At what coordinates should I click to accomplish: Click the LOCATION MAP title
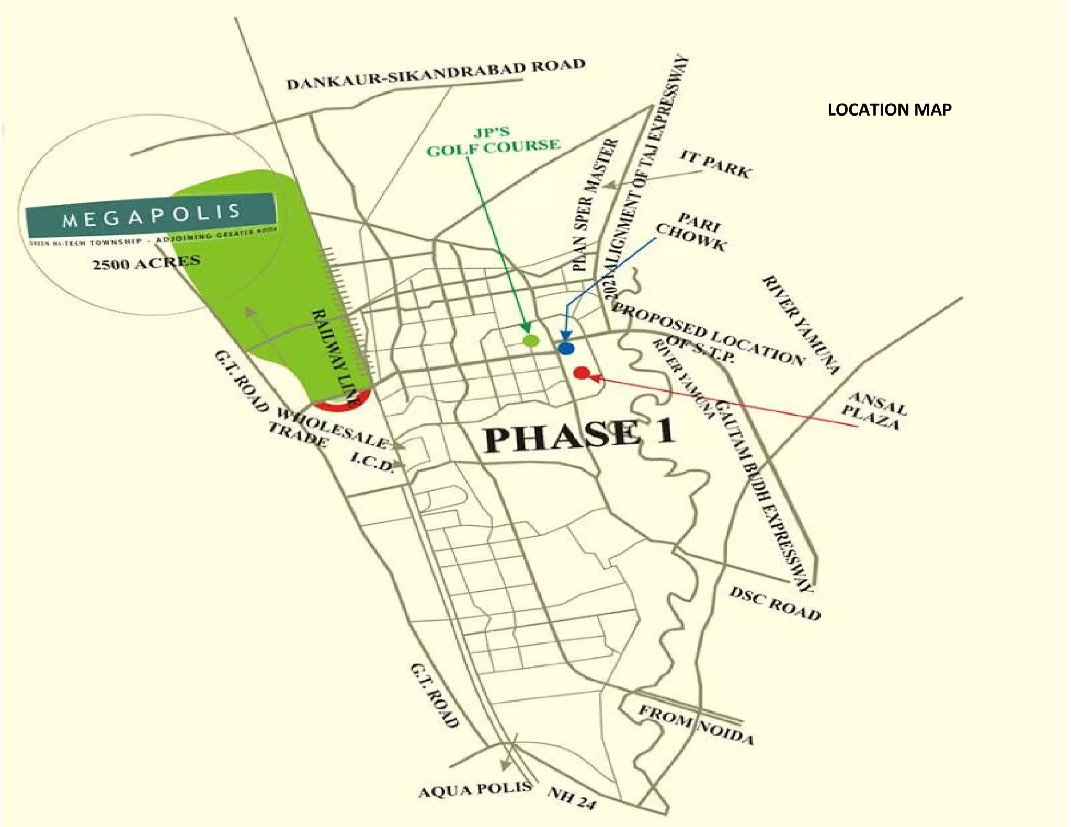889,110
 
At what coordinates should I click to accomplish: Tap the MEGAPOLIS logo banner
151,215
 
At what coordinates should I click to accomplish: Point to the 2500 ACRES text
146,262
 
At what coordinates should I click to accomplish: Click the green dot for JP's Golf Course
531,340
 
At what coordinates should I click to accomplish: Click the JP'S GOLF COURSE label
493,141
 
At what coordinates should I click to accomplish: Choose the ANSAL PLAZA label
873,411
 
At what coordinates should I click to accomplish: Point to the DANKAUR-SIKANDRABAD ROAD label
436,75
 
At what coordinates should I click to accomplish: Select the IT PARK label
715,164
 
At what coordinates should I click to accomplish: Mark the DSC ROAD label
774,603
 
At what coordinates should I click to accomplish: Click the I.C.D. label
372,462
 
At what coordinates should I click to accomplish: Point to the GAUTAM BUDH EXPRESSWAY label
764,497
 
